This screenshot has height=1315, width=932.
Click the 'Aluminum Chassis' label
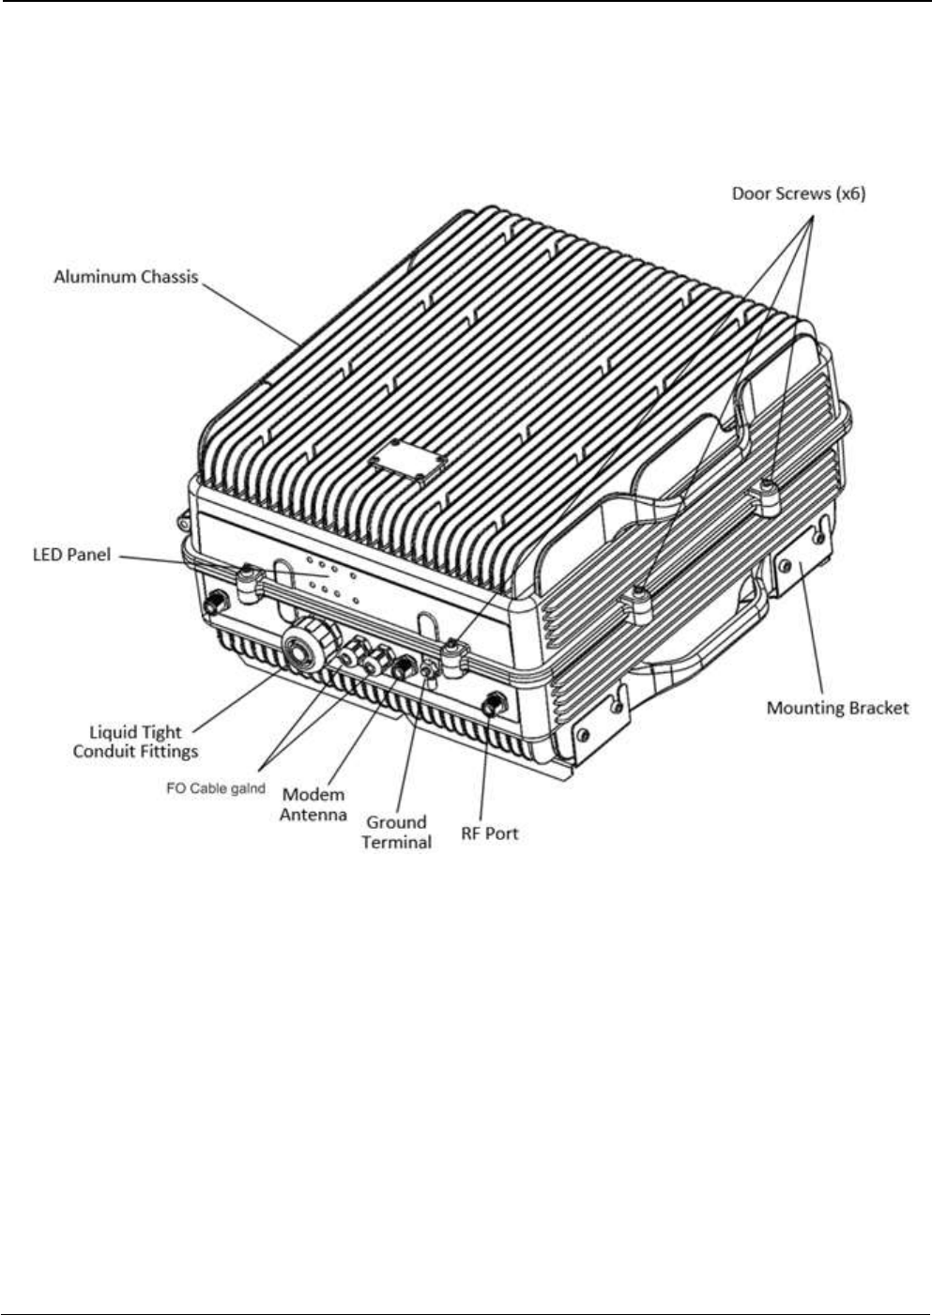[126, 277]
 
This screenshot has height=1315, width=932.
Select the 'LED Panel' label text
[72, 555]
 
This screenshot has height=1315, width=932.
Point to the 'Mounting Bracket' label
[837, 708]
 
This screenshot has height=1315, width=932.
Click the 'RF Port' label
[489, 833]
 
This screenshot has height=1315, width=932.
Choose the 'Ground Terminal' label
[396, 832]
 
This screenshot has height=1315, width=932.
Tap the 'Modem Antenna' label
[313, 804]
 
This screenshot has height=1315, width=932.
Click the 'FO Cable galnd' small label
[216, 788]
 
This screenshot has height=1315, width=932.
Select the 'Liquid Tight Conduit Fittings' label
[136, 742]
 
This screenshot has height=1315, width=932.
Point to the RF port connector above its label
[492, 703]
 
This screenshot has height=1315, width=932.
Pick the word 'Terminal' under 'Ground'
[396, 842]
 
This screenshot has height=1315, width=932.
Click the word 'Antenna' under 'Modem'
[313, 815]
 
